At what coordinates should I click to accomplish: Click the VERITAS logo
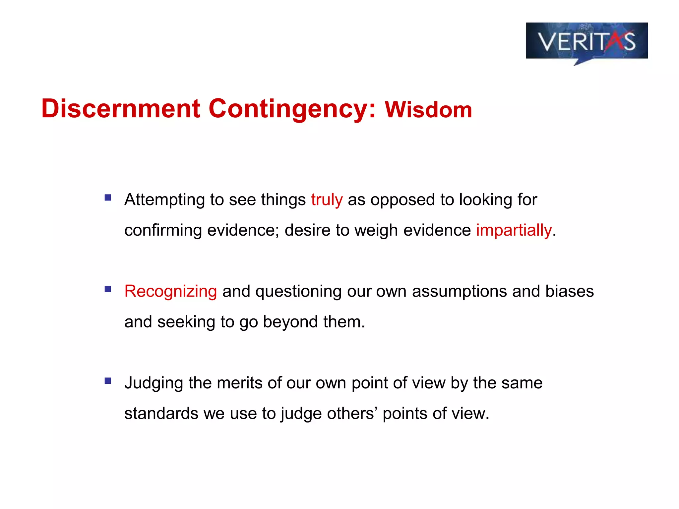[587, 41]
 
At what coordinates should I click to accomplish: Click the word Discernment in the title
[121, 108]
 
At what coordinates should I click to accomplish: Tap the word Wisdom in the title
[428, 110]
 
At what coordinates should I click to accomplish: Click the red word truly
[327, 199]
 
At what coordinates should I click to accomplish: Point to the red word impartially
[514, 230]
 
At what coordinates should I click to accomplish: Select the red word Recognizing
[170, 291]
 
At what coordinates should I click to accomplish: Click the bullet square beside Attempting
[108, 198]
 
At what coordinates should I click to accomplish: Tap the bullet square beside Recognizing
[108, 289]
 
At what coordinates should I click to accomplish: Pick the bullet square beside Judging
[108, 381]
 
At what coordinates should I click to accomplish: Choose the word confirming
[163, 230]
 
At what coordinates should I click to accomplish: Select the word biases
[570, 291]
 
